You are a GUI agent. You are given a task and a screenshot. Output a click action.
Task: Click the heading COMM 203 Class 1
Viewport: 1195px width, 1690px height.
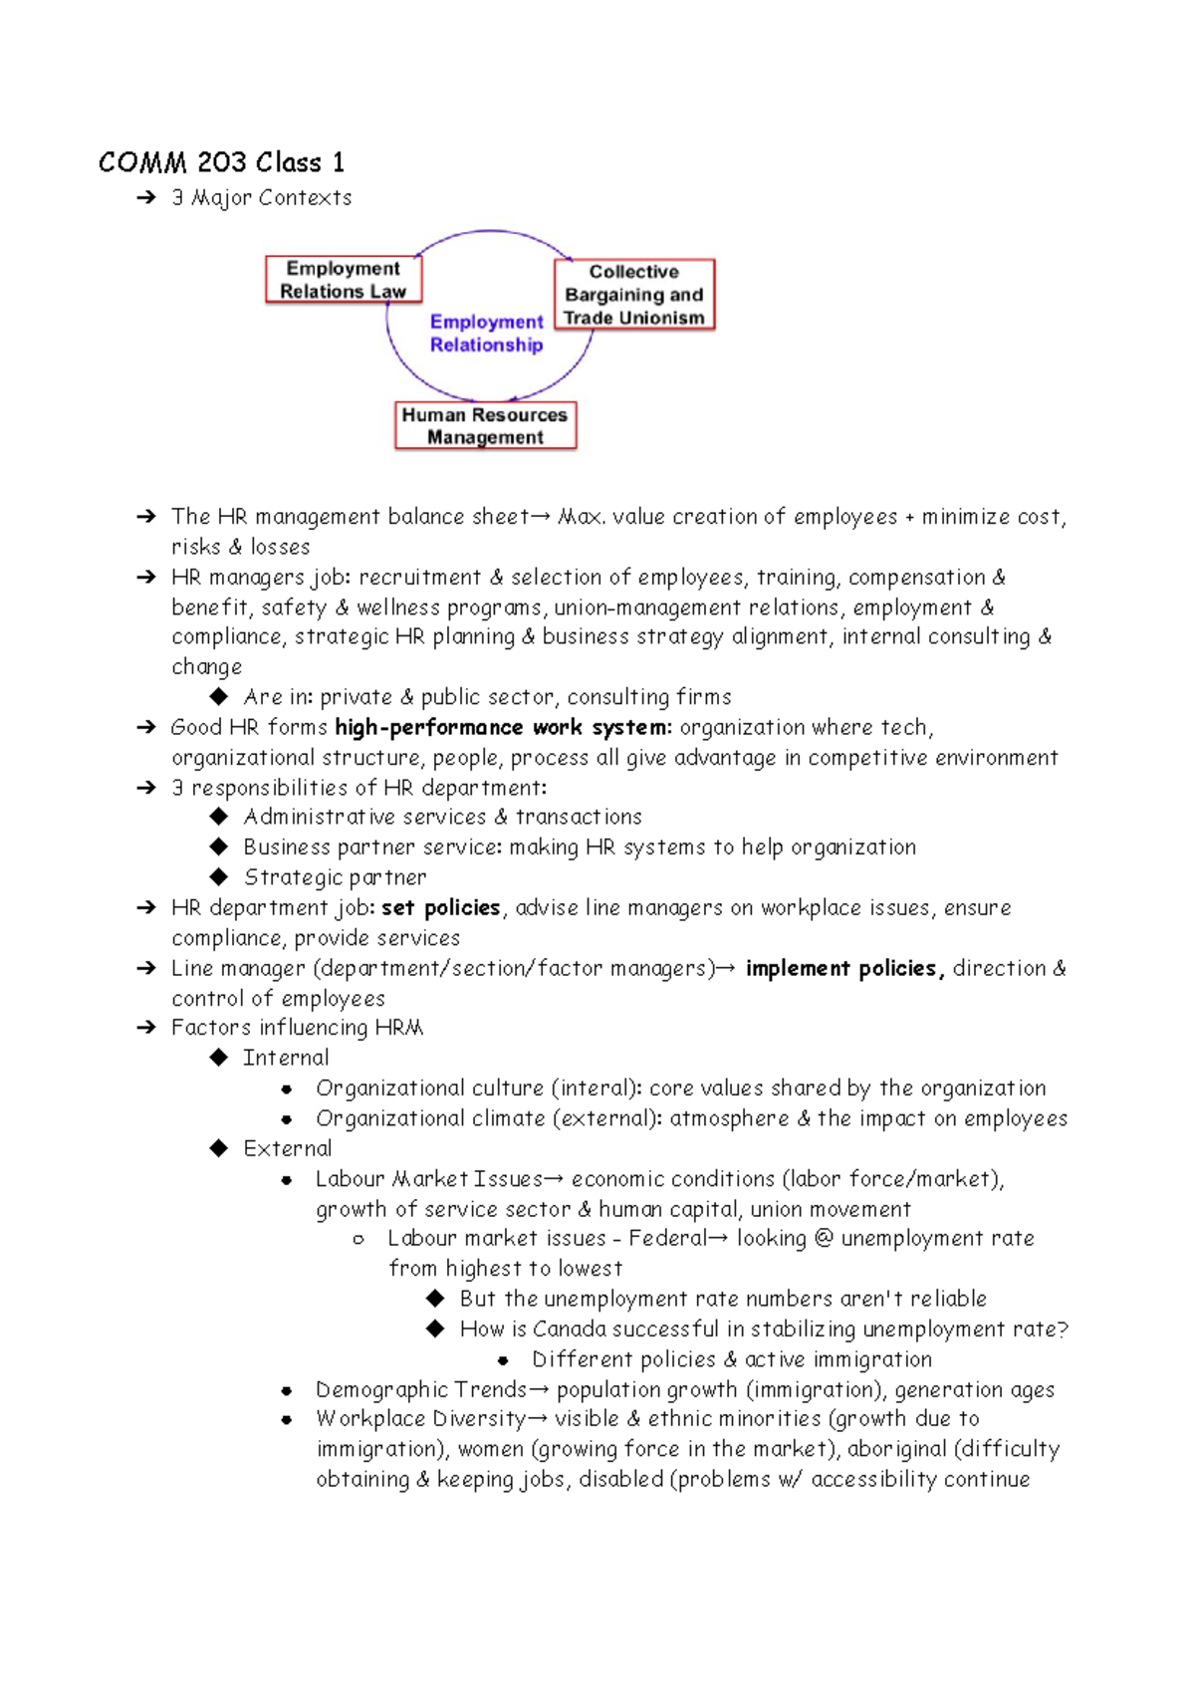pos(221,162)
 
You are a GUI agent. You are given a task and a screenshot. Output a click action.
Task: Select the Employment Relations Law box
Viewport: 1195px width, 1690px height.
pos(343,280)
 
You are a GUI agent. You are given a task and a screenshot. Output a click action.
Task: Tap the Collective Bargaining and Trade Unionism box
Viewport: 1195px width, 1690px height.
pos(633,295)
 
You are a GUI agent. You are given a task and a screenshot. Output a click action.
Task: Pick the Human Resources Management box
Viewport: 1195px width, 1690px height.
pos(485,426)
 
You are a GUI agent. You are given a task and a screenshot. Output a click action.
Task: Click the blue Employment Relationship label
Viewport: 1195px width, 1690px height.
pos(486,334)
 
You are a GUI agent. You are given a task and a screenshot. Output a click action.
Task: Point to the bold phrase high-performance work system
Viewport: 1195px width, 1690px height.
pos(502,728)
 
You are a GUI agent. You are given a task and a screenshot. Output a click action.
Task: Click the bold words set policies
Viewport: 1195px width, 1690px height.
pos(440,908)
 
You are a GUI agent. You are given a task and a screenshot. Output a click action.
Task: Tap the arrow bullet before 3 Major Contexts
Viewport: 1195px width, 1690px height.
pos(146,198)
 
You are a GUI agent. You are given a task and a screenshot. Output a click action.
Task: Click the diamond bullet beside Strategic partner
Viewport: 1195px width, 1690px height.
pos(219,877)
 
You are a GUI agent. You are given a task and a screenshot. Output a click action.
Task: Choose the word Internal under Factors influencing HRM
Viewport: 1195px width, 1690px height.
pos(286,1058)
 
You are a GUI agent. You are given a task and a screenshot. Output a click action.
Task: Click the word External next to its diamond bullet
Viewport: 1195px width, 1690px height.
pos(288,1148)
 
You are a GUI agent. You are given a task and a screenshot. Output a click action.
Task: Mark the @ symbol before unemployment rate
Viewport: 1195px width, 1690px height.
pos(823,1239)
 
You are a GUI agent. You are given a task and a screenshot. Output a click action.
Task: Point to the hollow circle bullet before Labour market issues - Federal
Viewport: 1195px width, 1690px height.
pos(358,1240)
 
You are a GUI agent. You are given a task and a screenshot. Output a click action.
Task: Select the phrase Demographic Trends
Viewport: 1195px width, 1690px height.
pos(420,1389)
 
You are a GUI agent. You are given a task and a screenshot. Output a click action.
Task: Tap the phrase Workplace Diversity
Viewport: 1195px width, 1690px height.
pos(420,1419)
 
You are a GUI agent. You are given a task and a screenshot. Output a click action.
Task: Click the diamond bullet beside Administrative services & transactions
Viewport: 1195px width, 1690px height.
pos(219,817)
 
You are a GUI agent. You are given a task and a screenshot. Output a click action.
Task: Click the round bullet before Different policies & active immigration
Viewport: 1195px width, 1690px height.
pos(503,1360)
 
